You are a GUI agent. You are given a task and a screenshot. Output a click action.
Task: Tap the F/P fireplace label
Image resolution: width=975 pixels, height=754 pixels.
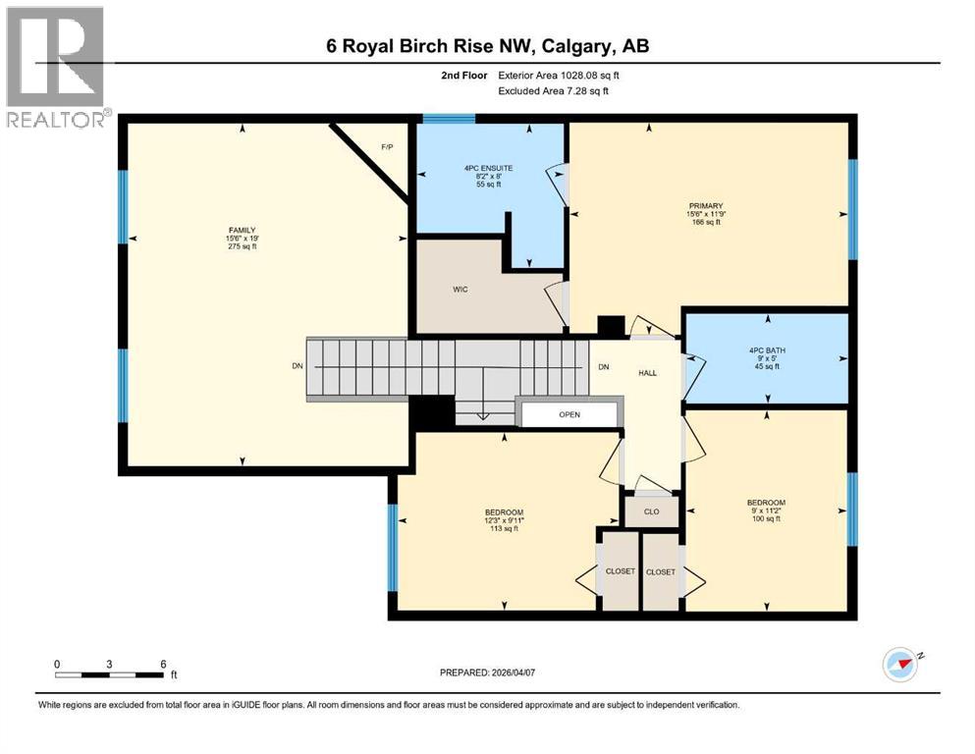tap(387, 147)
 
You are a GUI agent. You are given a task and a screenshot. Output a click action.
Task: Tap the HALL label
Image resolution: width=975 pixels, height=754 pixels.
tap(647, 373)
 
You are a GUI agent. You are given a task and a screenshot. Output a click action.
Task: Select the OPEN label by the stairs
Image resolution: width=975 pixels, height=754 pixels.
tap(569, 414)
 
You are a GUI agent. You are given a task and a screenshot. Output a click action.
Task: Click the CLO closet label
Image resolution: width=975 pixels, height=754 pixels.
tap(652, 512)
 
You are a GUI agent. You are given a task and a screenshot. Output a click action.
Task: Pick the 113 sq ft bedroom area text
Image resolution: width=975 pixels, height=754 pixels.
tap(504, 529)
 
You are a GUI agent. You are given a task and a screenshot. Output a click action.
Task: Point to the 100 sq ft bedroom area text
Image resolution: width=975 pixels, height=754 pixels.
tap(766, 518)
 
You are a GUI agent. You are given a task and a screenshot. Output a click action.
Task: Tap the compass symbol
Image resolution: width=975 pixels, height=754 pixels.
tap(899, 665)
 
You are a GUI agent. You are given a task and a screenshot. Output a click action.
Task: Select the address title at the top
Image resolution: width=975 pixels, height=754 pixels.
tap(488, 45)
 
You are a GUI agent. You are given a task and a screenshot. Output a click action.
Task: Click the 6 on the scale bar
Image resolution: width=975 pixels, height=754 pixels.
tap(162, 664)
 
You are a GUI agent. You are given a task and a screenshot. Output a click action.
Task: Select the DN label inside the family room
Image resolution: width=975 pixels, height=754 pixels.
tap(297, 366)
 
